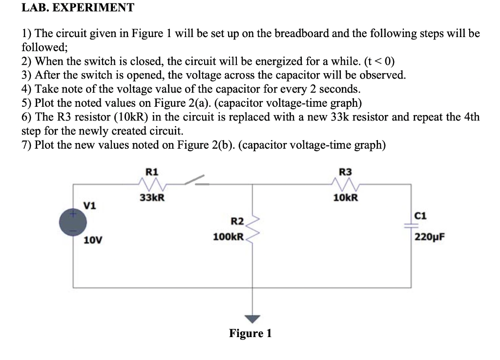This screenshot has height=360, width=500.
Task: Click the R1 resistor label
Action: pyautogui.click(x=152, y=171)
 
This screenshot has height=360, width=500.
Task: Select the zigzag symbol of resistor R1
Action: pyautogui.click(x=152, y=184)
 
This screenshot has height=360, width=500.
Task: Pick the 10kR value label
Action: pyautogui.click(x=346, y=198)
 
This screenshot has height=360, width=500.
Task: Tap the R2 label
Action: pyautogui.click(x=237, y=221)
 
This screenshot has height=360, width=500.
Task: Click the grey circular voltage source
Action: pyautogui.click(x=74, y=221)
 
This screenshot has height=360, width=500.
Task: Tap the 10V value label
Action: pyautogui.click(x=92, y=240)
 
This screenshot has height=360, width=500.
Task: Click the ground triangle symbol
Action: pyautogui.click(x=252, y=318)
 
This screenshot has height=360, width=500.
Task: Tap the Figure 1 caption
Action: pyautogui.click(x=250, y=334)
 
